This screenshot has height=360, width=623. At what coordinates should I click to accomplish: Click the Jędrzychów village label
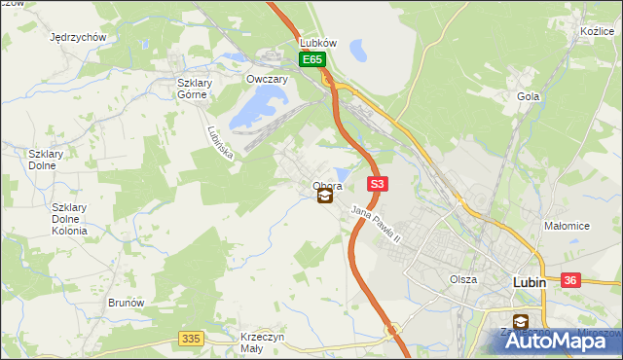coord(78,37)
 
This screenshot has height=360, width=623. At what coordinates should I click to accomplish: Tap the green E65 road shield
coord(311,60)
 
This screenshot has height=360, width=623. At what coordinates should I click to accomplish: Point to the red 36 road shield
coord(571,280)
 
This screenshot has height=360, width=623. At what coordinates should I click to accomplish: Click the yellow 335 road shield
coord(191,338)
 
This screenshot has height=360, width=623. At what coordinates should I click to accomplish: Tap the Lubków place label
coord(318,44)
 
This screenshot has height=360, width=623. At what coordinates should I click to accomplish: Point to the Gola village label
coord(529,96)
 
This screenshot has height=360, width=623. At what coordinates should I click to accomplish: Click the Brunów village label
coord(127,303)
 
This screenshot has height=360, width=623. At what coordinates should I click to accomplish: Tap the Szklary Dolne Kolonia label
coord(70,219)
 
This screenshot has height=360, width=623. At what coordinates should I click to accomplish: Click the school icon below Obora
coord(325,197)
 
